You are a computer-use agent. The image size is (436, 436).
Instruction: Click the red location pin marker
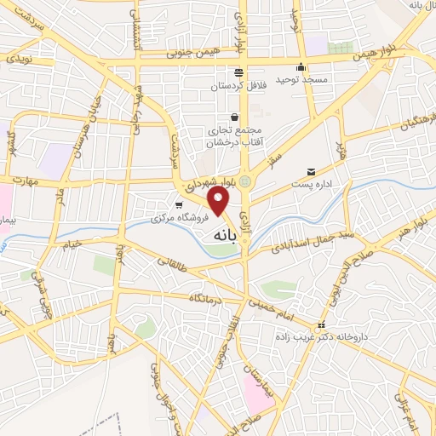pos(220,200)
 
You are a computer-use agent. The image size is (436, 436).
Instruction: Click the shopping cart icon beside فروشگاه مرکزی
pos(178,205)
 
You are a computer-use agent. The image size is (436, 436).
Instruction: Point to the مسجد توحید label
pos(300,81)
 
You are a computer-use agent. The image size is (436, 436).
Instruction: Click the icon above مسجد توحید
pos(300,67)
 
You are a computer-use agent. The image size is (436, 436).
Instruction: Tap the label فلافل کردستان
pos(238,86)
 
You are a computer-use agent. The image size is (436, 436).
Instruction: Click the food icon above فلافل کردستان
pos(238,72)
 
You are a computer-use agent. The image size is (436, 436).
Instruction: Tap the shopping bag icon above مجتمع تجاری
pos(234,117)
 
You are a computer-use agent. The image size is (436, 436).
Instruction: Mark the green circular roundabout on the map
pos(245,181)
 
